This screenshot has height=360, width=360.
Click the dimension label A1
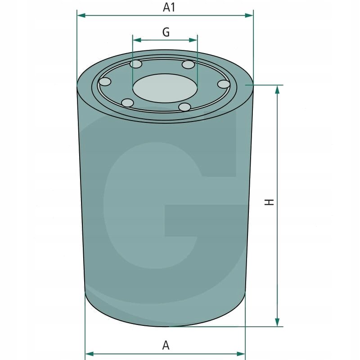168,7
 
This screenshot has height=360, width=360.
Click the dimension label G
166,32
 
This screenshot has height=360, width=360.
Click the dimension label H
269,202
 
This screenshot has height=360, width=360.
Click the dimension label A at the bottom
166,346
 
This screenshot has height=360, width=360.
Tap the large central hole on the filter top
165,88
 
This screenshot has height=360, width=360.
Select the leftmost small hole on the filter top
105,82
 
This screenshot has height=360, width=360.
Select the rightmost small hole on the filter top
224,84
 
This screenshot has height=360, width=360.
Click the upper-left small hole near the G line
136,64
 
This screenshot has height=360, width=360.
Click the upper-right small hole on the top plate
188,65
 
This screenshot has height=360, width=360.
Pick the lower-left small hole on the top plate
128,103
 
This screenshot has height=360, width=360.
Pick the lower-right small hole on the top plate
184,107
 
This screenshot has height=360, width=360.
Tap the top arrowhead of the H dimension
278,89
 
